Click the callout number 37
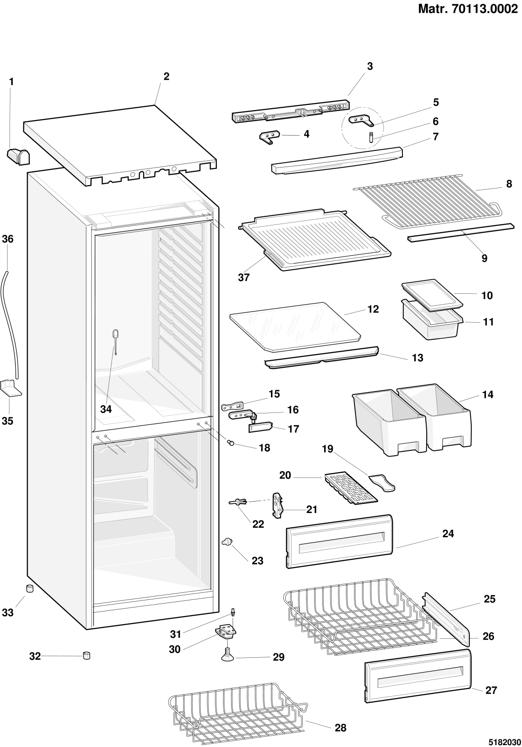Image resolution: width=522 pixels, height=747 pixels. tap(244, 277)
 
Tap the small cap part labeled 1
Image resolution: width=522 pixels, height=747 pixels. tap(18, 157)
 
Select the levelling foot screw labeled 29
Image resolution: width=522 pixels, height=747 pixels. tap(228, 654)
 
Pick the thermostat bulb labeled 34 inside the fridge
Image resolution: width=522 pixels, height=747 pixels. tap(115, 341)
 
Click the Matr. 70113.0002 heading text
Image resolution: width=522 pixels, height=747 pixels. tap(467, 9)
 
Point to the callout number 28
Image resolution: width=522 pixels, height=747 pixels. tap(340, 728)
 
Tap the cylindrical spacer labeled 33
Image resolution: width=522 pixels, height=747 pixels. tap(30, 588)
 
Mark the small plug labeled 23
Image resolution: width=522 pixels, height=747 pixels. tap(227, 541)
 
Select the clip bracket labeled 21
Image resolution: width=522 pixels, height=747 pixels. tap(279, 506)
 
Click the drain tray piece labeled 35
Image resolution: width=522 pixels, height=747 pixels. tap(10, 388)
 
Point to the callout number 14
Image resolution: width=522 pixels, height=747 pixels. tap(488, 394)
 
